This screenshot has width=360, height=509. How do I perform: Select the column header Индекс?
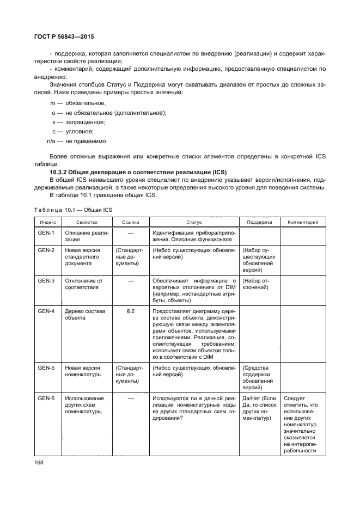(47, 222)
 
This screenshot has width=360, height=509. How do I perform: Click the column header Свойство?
(87, 222)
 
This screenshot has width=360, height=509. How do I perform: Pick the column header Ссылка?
(130, 222)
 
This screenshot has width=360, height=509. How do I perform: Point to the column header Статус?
(194, 222)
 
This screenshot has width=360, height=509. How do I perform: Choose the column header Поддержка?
(259, 222)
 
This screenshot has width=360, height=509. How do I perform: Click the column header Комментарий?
(302, 222)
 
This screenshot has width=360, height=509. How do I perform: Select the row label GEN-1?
(46, 233)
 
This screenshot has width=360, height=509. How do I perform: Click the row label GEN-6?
(46, 398)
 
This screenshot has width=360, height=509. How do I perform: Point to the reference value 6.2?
(130, 311)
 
